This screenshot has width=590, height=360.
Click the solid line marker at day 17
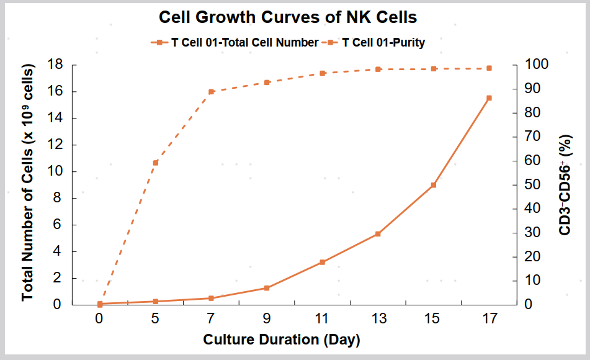click(x=489, y=98)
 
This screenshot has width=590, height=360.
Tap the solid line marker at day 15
click(x=434, y=185)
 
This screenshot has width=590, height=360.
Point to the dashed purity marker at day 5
click(x=155, y=163)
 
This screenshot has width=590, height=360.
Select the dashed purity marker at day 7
click(x=211, y=92)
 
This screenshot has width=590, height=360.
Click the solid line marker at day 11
click(x=322, y=262)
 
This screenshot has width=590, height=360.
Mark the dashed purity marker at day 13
click(x=378, y=70)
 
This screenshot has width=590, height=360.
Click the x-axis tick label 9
click(x=266, y=319)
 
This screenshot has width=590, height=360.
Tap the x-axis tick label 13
click(x=378, y=319)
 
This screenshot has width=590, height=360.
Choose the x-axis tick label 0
click(x=99, y=319)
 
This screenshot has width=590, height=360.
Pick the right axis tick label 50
click(x=533, y=184)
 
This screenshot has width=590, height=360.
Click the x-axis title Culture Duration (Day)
click(x=282, y=340)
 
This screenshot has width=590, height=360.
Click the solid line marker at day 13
click(x=378, y=234)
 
